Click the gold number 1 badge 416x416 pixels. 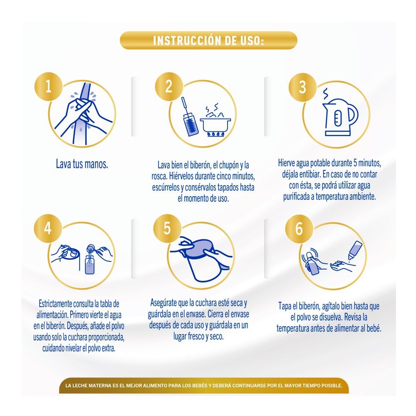pos(48,87)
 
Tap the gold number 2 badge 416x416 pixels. pos(169,87)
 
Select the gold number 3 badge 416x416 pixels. pos(303,87)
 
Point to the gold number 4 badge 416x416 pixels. pos(48,228)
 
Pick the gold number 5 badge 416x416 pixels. pos(167,228)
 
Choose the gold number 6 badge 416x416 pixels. pos(299,229)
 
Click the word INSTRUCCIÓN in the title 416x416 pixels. pos(187,41)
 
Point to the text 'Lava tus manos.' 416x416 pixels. pos(82,164)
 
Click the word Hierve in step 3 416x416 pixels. pos(286,163)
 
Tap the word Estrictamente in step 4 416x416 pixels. pos(55,304)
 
